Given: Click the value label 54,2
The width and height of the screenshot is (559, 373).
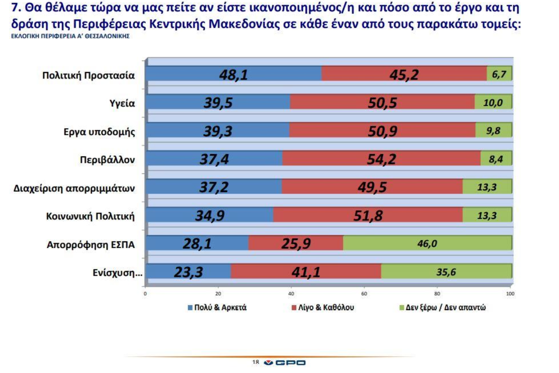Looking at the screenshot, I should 381,159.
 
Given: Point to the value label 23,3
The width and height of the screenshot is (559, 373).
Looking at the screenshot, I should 188,272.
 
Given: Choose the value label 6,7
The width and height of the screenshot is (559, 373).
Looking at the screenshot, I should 499,74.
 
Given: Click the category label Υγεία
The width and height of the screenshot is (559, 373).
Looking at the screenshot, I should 122,103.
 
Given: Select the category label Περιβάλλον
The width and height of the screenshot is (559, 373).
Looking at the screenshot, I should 107,160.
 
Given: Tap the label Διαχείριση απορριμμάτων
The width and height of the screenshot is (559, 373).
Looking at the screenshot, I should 74,188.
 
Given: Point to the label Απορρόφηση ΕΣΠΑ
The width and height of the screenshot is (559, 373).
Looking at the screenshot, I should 90,245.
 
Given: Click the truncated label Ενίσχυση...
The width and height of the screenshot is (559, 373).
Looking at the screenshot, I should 117,273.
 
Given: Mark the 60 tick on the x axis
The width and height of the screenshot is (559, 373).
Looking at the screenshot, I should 364,293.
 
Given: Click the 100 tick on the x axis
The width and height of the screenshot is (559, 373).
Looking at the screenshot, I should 510,293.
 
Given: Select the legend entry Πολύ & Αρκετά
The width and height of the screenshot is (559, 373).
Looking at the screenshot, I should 217,307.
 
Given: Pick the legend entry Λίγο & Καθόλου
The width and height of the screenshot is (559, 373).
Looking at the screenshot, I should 323,307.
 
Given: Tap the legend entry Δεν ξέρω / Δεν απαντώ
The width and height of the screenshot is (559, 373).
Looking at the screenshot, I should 442,307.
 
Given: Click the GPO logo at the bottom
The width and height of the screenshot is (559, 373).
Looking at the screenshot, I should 285,362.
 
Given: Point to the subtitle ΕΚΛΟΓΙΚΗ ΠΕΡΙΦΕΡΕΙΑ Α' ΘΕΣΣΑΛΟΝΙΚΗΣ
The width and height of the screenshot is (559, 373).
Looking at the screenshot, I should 70,36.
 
